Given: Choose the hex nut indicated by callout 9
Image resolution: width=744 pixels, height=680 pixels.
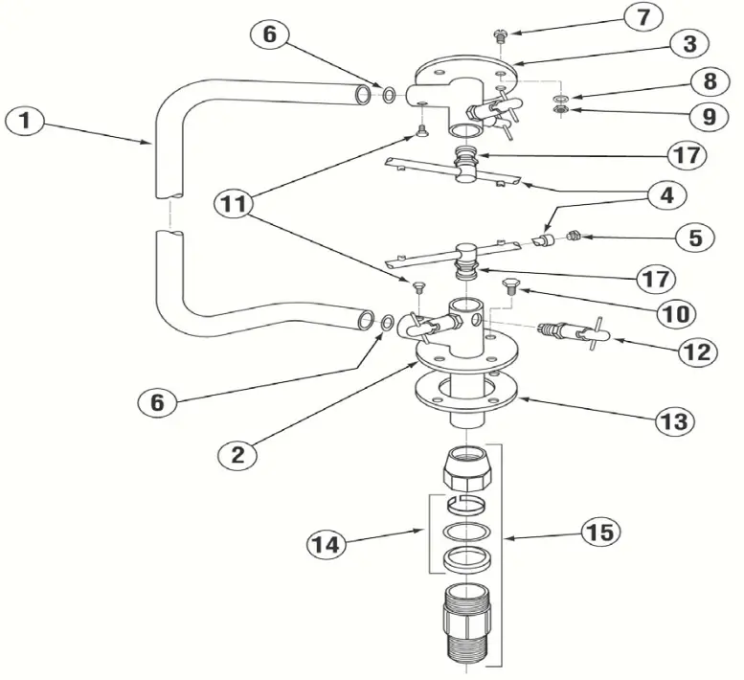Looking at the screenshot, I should tap(562, 115).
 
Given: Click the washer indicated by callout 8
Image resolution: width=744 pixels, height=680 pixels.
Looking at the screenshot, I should tap(561, 99).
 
